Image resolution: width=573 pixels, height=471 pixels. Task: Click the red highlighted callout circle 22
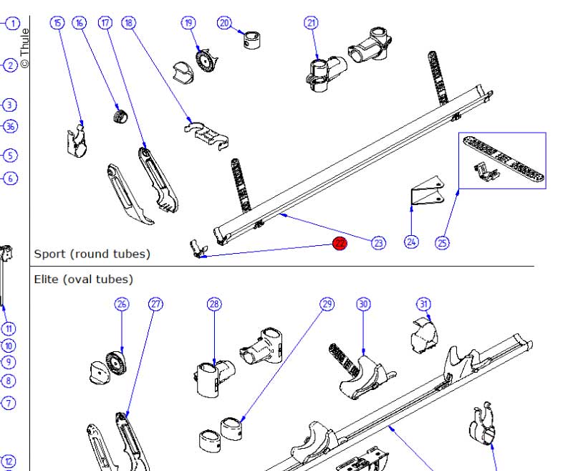340,244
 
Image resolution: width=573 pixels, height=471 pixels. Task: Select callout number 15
57,23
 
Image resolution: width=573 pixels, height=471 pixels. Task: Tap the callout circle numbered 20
224,23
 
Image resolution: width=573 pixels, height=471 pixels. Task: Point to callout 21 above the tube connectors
311,23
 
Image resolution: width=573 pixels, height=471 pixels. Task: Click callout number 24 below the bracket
411,242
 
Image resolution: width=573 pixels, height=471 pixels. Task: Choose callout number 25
443,242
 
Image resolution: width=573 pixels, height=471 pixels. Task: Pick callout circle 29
327,304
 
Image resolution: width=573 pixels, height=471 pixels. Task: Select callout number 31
424,304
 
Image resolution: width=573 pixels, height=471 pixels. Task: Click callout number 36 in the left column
10,127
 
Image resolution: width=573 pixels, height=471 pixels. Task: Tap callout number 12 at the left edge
9,462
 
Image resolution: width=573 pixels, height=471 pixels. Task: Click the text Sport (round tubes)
92,254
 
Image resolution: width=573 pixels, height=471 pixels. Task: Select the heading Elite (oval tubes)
83,279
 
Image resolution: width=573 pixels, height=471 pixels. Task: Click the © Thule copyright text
25,47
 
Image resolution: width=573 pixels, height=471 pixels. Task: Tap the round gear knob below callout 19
204,60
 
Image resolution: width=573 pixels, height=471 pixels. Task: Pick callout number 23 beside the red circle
377,242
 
